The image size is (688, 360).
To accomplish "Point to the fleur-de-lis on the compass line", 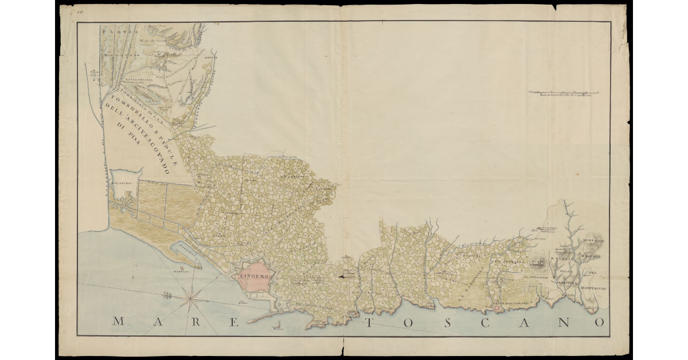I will click(x=167, y=296).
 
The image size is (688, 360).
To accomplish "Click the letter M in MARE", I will click(x=118, y=322).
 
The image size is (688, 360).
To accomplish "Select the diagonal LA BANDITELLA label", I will click(x=470, y=287).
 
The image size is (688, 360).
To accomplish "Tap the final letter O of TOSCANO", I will click(x=599, y=322).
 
